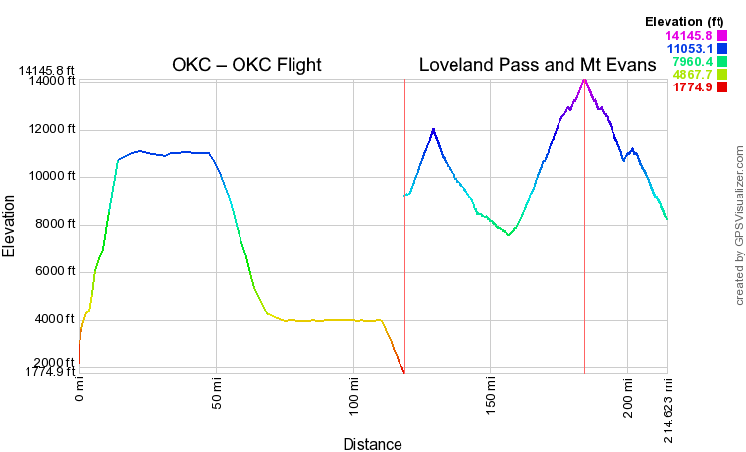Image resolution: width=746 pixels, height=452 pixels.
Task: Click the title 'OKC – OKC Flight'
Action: coord(246,66)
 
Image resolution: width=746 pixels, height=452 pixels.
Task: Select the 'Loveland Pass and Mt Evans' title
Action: coord(535,66)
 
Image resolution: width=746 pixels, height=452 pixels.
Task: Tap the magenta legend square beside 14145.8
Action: coord(721,37)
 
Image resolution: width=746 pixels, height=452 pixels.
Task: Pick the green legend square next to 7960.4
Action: coord(721,62)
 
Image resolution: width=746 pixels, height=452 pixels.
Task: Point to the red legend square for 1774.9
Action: coord(721,87)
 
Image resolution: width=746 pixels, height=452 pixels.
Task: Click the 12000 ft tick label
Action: coord(50,129)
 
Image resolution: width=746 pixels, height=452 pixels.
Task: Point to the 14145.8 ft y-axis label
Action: coord(46,71)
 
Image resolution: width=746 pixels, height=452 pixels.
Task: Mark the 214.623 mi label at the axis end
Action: coord(667,409)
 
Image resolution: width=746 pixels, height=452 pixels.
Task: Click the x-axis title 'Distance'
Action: coord(372,444)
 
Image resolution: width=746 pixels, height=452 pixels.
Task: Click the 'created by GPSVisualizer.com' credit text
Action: coord(739,225)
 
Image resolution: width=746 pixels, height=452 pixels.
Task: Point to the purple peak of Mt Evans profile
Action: coord(584,78)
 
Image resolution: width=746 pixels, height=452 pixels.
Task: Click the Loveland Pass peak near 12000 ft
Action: coord(432,129)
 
